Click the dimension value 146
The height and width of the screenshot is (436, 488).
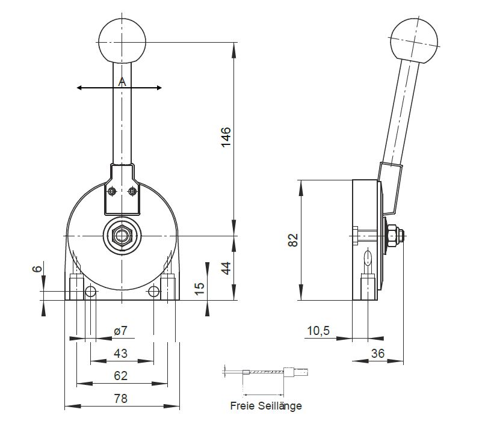[226, 137]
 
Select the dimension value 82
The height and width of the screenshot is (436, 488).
[293, 240]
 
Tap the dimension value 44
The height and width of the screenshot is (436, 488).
[226, 268]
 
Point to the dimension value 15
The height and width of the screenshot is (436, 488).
[199, 288]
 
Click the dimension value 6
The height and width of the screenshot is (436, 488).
[37, 269]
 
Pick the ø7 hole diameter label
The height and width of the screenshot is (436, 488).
[121, 331]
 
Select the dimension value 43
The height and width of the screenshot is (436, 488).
[121, 353]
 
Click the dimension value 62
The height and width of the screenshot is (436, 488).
[121, 376]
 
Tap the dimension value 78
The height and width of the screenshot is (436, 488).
[121, 398]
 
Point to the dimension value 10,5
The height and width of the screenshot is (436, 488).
[318, 331]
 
